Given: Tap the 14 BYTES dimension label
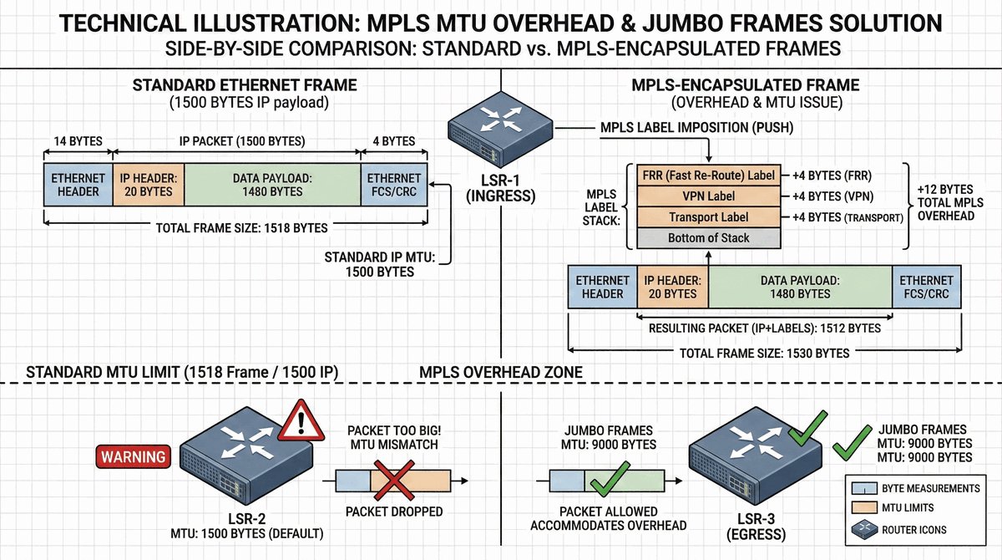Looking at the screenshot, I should [77, 141].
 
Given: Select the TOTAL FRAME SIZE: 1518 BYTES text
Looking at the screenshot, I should [235, 227].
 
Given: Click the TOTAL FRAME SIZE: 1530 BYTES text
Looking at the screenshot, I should [765, 353].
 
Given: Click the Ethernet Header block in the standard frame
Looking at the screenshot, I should [78, 185].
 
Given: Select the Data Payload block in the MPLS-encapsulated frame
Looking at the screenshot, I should [799, 287].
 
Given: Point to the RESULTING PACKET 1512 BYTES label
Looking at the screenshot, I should [765, 328].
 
